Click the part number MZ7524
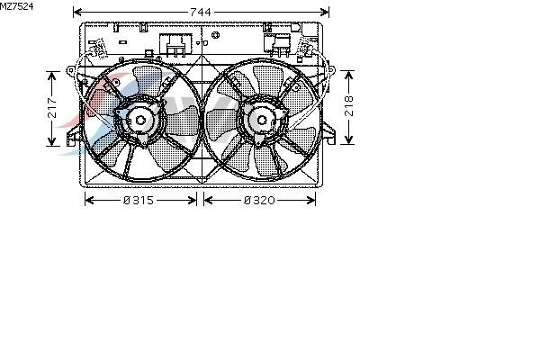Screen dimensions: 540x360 click(16, 6)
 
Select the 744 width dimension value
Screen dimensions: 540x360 click(201, 13)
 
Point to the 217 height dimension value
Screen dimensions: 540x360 click(52, 108)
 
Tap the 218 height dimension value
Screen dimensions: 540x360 click(349, 106)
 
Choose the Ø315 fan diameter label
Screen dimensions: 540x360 click(139, 200)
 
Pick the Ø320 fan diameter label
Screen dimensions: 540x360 click(259, 200)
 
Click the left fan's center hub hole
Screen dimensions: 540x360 click(140, 121)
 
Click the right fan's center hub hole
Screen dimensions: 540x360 click(262, 121)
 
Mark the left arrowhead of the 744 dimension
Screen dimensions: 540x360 click(77, 13)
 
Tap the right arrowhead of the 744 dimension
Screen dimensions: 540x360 click(325, 13)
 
